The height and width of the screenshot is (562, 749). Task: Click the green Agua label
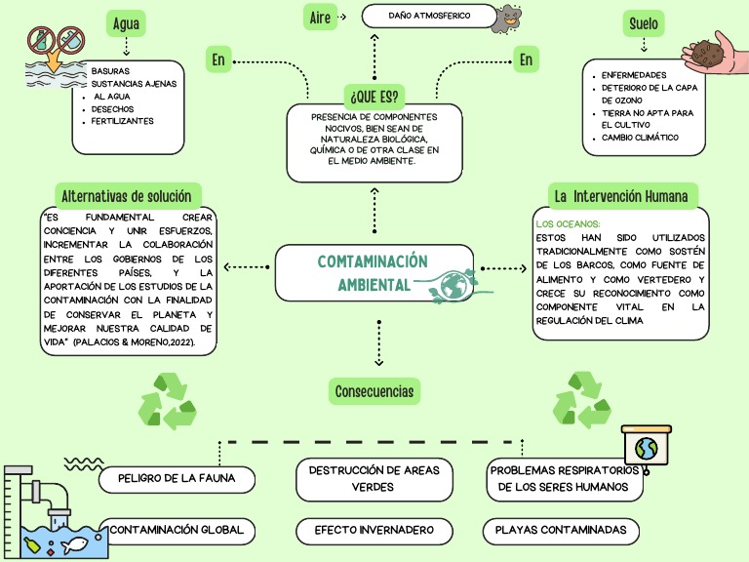[125, 23]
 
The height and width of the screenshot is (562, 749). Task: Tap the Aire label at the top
[319, 18]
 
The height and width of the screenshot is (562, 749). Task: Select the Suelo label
[643, 23]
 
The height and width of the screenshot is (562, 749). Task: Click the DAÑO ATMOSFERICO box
[428, 17]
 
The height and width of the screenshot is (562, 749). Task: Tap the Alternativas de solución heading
[128, 195]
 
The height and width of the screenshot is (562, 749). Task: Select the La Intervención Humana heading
[620, 196]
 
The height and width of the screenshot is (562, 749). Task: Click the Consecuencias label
[374, 392]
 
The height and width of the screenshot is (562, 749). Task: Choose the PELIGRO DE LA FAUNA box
[178, 479]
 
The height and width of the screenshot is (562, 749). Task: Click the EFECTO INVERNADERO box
[374, 531]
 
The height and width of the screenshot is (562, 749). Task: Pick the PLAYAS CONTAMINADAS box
[561, 531]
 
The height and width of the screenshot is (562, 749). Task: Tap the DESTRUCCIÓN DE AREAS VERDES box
[374, 478]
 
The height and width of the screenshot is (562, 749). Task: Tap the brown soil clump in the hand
[707, 51]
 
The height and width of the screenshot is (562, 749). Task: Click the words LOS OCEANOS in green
[569, 224]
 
